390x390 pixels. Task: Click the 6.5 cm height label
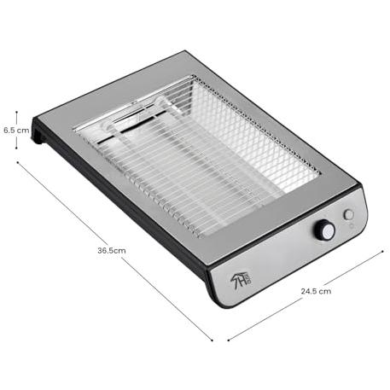[x=16, y=131]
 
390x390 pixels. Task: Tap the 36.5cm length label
[x=112, y=251]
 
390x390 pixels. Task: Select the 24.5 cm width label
[x=316, y=291]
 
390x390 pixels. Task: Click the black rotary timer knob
[x=324, y=230]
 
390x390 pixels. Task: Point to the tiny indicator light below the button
[x=351, y=226]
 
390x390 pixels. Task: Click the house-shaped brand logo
[x=241, y=279]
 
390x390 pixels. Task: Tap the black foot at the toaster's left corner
[x=38, y=131]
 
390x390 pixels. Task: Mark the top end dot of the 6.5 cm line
[x=16, y=112]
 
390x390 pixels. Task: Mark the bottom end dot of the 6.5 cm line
[x=16, y=148]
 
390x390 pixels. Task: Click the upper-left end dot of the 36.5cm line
[x=18, y=162]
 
